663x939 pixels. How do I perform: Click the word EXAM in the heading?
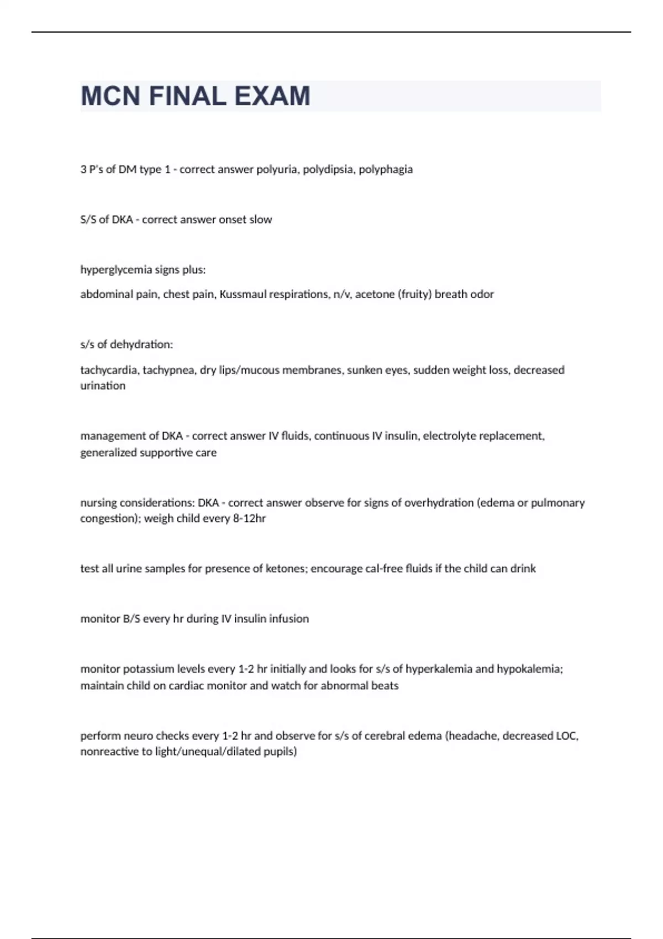(272, 96)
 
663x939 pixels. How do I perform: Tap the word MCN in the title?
(110, 96)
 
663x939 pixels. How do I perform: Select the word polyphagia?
(386, 170)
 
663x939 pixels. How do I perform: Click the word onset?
(232, 220)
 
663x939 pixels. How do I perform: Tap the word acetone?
(375, 294)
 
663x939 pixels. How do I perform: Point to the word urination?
(103, 386)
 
